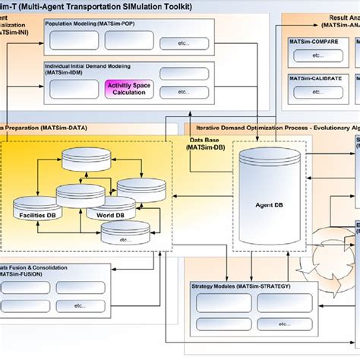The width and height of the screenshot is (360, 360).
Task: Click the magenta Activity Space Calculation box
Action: (129, 89)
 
